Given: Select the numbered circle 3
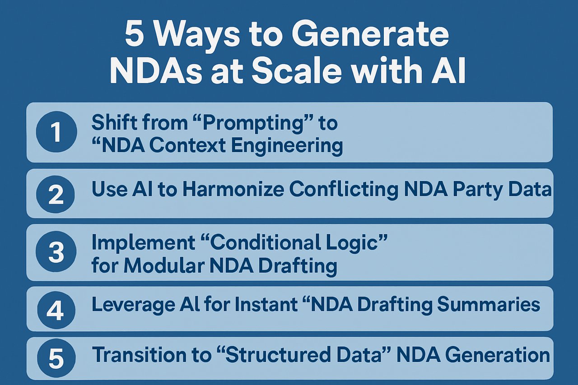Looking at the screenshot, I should pyautogui.click(x=56, y=252).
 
